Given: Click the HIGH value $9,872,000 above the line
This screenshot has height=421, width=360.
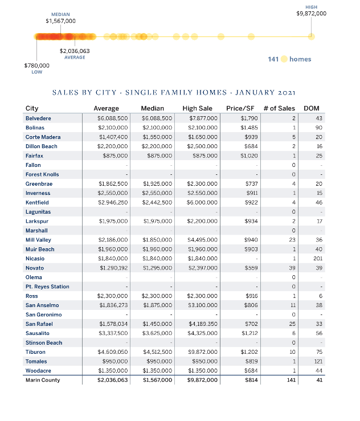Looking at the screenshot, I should tap(311, 13).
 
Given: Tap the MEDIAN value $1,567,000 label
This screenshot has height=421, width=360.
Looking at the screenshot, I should tap(60, 21).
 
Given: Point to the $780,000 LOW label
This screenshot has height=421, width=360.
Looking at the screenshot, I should tap(36, 66).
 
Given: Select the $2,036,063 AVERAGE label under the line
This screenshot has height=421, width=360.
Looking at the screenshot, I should tap(75, 51).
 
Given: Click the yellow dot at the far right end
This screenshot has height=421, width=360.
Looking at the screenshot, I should tap(311, 37).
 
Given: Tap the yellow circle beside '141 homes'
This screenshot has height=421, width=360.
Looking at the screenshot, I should tap(284, 59).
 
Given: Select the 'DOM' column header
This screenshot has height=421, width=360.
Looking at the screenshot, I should tap(312, 108).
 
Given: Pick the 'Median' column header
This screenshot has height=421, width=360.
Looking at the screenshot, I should tap(152, 108).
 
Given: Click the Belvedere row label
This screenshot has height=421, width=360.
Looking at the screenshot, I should tap(38, 118).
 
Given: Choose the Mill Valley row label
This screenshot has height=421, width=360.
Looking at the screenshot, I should tap(39, 240).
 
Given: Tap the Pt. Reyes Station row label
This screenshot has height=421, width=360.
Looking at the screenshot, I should tap(47, 287).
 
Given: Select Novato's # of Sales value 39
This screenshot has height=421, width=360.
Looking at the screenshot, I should tap(292, 268).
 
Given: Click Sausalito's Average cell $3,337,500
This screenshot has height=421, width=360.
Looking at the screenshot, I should tap(113, 333).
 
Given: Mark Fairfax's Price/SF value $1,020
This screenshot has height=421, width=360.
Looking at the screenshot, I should tap(249, 156).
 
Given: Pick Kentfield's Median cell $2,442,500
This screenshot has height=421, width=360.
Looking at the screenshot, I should tap(157, 202).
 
